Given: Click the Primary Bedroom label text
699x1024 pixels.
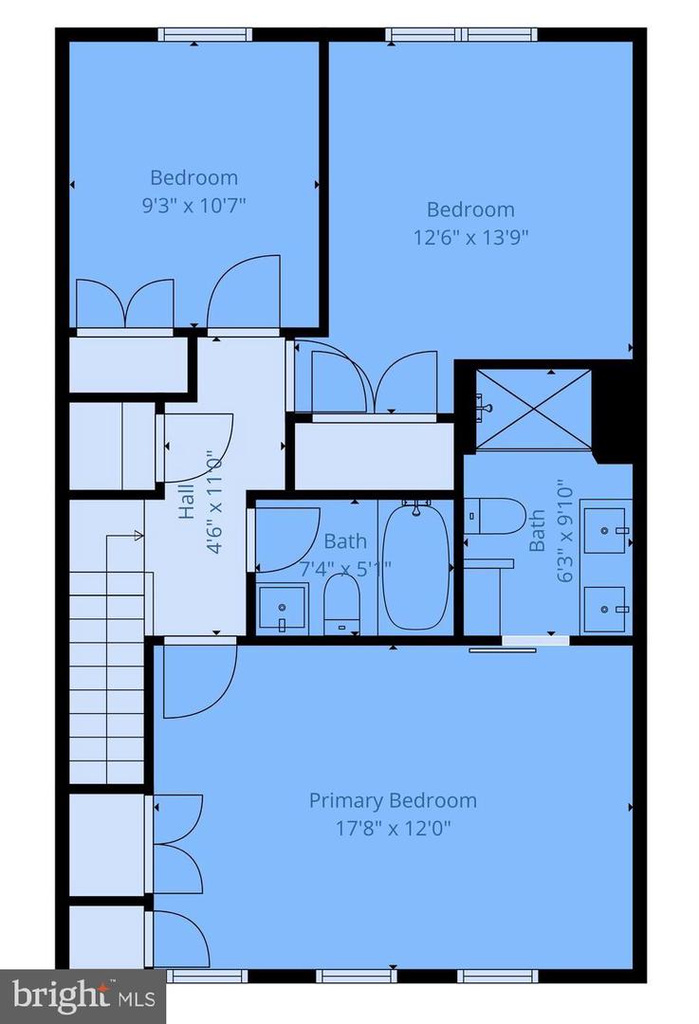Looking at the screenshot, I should click(393, 800).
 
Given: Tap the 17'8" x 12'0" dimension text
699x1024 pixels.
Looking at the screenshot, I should click(393, 828).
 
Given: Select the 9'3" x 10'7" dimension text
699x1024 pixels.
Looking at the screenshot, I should click(193, 204).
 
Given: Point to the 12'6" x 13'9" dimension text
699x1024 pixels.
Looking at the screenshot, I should click(470, 236).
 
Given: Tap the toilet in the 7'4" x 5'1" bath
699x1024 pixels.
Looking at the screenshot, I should click(340, 603).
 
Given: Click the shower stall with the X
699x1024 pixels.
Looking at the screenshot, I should click(532, 409).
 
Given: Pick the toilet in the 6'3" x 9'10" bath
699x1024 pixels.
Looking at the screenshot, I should click(498, 516).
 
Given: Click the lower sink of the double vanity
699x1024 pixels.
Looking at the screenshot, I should click(604, 608).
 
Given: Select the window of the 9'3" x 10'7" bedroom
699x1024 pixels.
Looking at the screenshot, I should click(204, 35).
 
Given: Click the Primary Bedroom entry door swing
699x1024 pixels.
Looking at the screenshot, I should click(197, 680).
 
